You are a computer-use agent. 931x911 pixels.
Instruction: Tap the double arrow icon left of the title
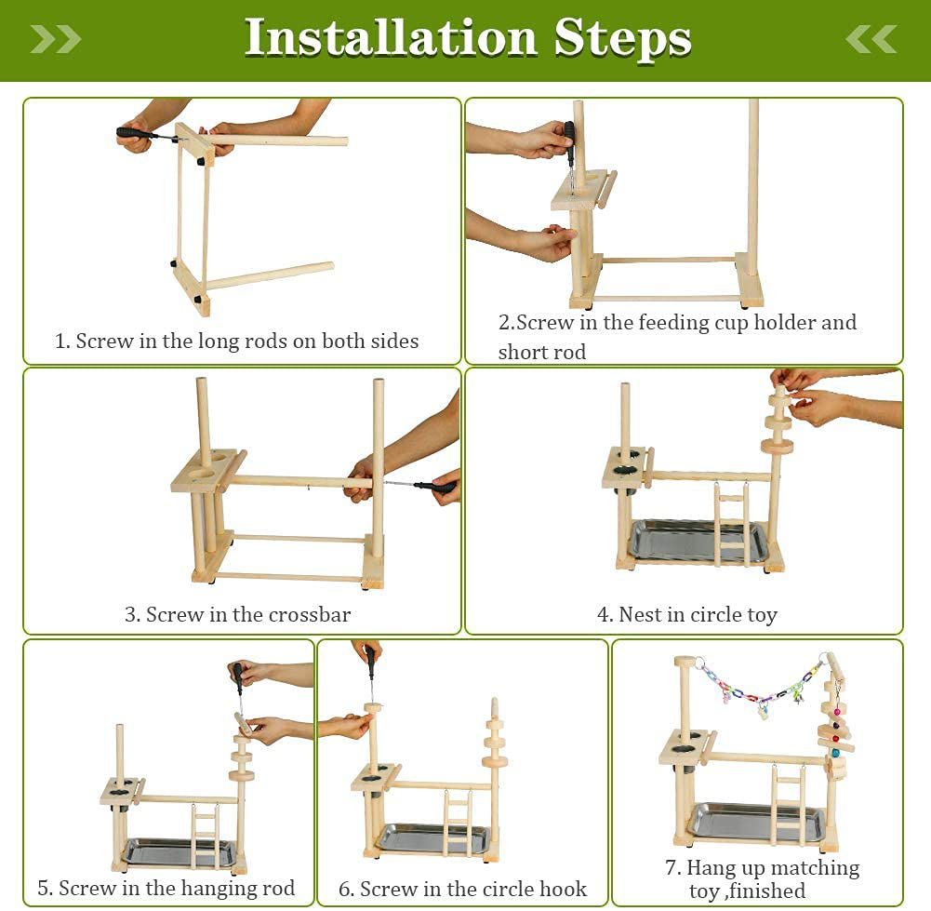coord(56,39)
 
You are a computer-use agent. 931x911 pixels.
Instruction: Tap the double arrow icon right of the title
coord(871,39)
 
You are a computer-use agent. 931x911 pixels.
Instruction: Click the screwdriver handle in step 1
coord(135,134)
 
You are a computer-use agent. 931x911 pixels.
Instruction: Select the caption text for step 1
coord(236,342)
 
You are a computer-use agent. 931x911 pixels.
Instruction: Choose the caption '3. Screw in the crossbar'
coord(237,615)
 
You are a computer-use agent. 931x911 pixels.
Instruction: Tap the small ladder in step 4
coord(731,525)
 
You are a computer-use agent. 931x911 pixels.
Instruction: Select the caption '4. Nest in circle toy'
coord(686,615)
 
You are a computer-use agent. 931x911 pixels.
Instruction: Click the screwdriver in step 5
coord(238,680)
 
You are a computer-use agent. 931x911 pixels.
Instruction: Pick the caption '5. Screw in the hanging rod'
coord(166,889)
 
